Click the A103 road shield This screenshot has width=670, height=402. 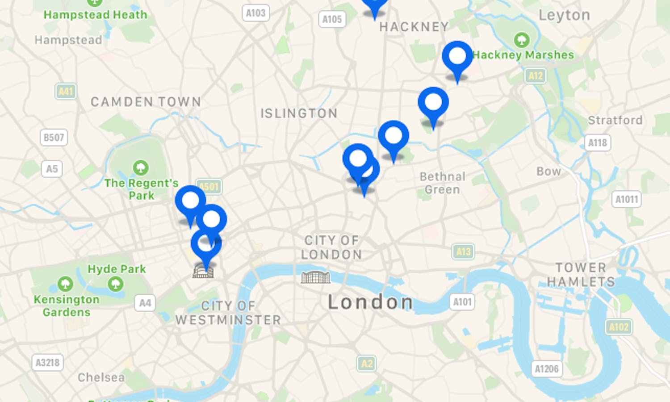[255, 13]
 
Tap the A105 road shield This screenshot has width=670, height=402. [332, 19]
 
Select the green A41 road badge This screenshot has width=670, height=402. [66, 92]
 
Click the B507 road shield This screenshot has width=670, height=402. [54, 137]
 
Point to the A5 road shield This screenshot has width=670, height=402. [52, 169]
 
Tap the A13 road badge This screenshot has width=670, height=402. [463, 252]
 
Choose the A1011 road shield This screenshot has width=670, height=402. [626, 199]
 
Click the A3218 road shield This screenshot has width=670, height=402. [47, 362]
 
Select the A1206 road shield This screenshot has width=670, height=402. [547, 369]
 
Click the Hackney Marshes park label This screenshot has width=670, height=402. [523, 55]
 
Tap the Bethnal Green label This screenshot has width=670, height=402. [442, 183]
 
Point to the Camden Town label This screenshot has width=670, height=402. [146, 102]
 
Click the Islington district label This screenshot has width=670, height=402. [299, 113]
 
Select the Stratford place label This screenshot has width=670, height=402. [615, 121]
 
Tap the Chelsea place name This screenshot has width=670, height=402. [101, 377]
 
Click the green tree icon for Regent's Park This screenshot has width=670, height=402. [141, 168]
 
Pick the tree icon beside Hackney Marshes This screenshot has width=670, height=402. [522, 40]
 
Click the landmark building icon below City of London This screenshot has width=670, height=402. [315, 277]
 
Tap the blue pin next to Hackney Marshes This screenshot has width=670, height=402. [457, 57]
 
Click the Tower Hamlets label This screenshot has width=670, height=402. [581, 275]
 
